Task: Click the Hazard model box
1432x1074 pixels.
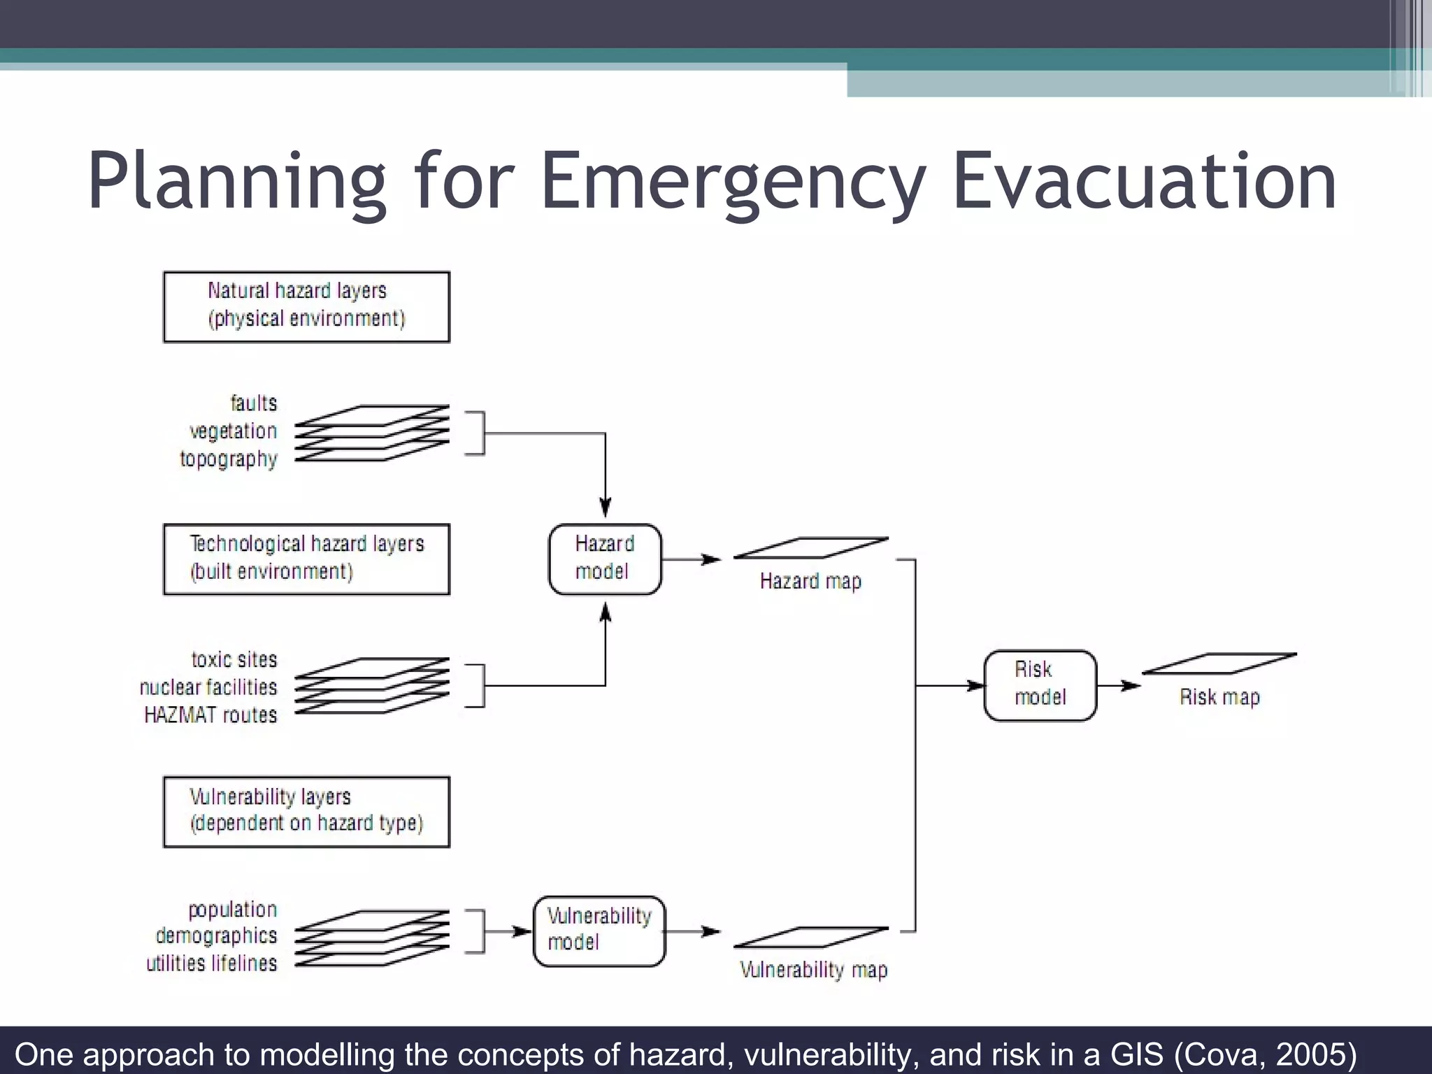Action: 605,559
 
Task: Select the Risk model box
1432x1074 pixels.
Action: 1040,685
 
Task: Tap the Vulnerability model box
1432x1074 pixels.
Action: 599,931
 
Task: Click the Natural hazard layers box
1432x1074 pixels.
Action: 306,307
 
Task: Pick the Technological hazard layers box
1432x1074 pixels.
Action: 306,559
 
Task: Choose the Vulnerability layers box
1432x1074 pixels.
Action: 306,811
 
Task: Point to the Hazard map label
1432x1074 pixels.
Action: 810,581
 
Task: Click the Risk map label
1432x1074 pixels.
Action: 1219,697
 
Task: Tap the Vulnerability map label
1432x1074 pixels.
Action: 813,970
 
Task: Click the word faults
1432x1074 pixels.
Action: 254,403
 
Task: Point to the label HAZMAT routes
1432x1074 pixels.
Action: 210,715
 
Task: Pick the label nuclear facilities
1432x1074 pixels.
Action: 208,687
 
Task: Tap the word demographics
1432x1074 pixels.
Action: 216,936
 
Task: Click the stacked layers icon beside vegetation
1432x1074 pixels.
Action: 372,433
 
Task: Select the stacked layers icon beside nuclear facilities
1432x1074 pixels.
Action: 372,685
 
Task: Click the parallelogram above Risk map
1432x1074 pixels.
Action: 1219,664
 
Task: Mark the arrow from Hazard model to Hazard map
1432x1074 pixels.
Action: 691,559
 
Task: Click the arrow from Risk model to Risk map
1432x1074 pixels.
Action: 1119,685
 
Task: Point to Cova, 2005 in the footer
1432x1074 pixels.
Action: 1266,1054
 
